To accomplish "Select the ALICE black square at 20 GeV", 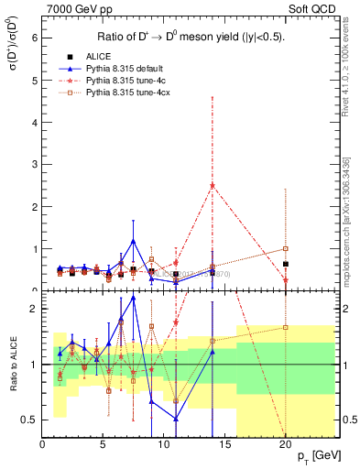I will pos(286,264).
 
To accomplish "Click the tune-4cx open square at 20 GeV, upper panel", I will pos(286,248).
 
